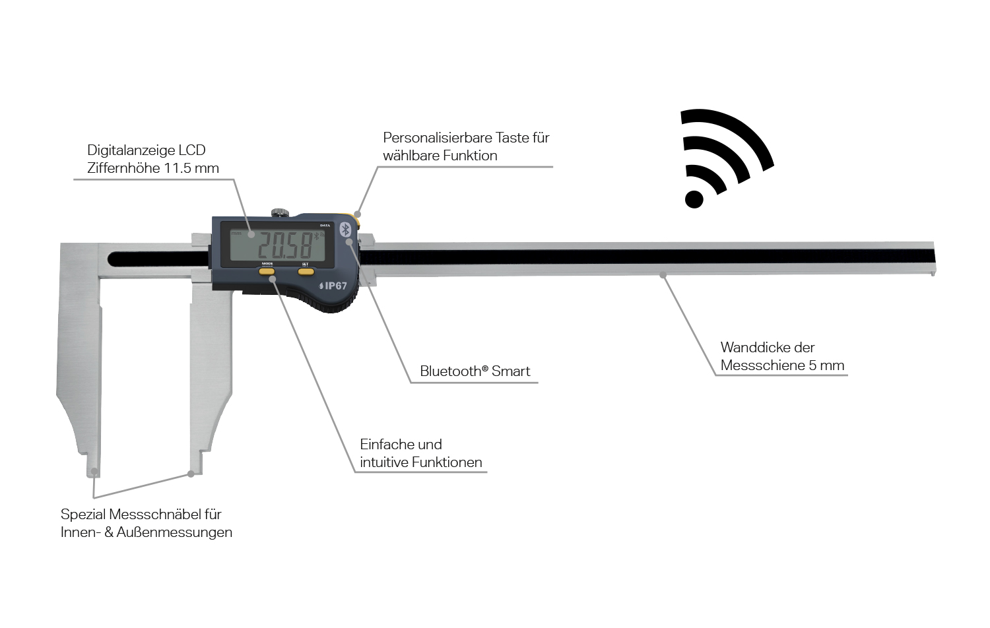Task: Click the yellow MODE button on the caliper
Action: pos(267,270)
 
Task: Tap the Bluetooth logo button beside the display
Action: pos(345,229)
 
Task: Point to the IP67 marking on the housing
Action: pos(333,286)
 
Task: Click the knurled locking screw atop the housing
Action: pos(280,212)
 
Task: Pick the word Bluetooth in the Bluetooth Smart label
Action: pos(450,371)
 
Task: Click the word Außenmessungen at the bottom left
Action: pos(174,532)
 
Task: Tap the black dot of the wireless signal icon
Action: pos(694,199)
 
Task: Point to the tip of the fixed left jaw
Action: pos(94,471)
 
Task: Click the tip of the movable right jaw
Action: pos(191,472)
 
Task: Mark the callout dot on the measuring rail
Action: pos(663,274)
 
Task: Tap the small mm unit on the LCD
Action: pos(236,234)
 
